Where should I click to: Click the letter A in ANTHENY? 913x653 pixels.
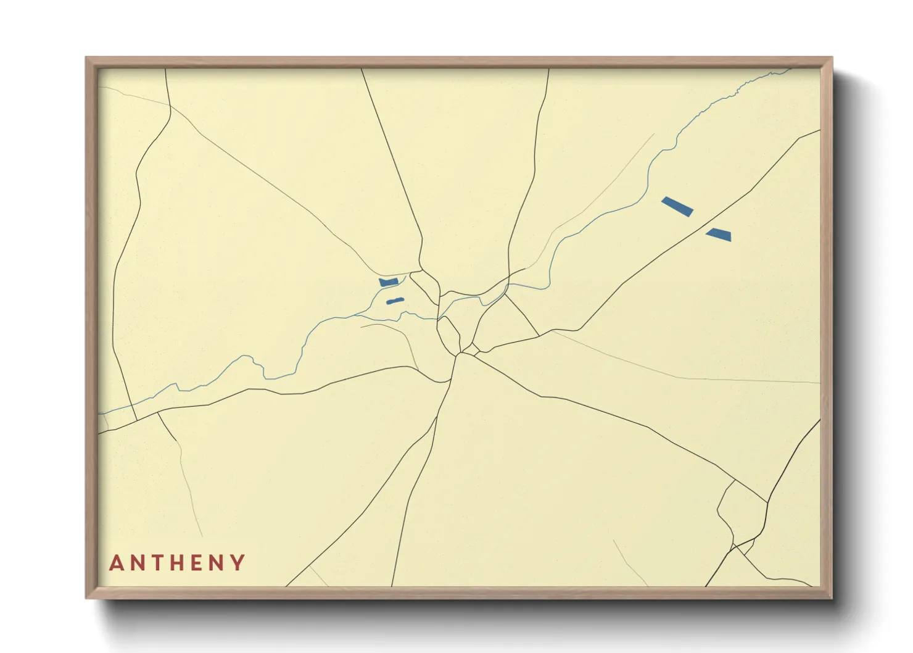pos(116,563)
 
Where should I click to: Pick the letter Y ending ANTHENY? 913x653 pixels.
pos(239,563)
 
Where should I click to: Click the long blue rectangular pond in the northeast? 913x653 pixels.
pos(677,206)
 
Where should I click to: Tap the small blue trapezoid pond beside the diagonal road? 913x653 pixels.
pos(719,234)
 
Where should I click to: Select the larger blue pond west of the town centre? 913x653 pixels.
pos(389,282)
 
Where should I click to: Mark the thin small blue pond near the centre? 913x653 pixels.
pos(395,301)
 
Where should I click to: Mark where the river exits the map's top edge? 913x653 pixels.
pos(790,69)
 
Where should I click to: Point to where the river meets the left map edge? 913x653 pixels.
pos(99,414)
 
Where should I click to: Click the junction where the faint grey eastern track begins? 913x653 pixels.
pos(551,331)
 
